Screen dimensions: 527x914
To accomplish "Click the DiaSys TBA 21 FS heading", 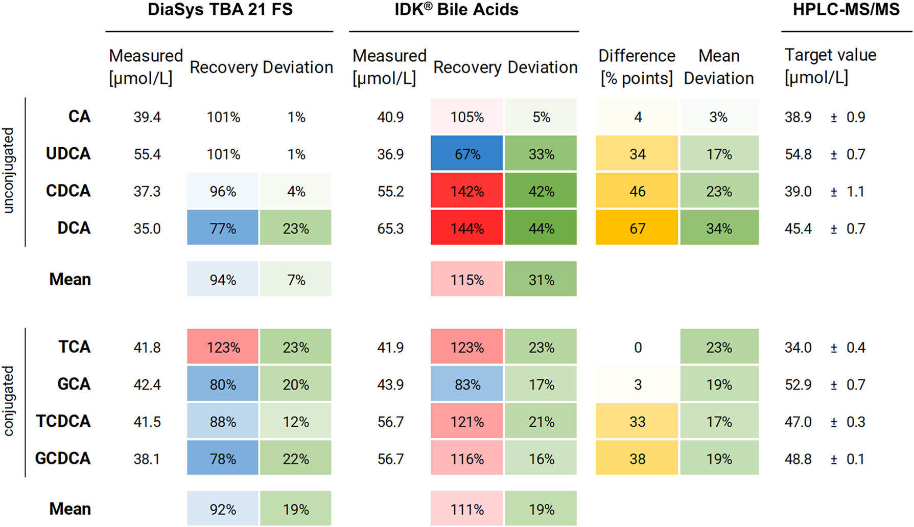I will pyautogui.click(x=220, y=10).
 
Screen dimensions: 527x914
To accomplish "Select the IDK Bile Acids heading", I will pyautogui.click(x=456, y=10).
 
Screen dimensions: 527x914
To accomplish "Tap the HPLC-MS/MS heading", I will pyautogui.click(x=846, y=10).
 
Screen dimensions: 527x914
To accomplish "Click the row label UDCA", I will pyautogui.click(x=68, y=154).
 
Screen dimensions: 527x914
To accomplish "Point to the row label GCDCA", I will pyautogui.click(x=62, y=459).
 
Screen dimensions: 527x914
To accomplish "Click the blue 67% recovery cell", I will pyautogui.click(x=466, y=153).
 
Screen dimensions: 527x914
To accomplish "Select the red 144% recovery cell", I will pyautogui.click(x=466, y=228).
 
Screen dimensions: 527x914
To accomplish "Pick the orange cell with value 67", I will pyautogui.click(x=637, y=228).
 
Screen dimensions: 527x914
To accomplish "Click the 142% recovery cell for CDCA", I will pyautogui.click(x=466, y=191).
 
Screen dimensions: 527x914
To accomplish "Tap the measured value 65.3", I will pyautogui.click(x=390, y=228).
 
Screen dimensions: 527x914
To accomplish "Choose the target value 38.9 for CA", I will pyautogui.click(x=798, y=117).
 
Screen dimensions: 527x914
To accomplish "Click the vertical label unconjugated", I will pyautogui.click(x=9, y=170).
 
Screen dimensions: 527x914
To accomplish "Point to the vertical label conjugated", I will pyautogui.click(x=9, y=401).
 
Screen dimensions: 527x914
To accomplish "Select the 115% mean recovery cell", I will pyautogui.click(x=466, y=280).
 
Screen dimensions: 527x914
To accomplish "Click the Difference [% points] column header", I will pyautogui.click(x=637, y=67).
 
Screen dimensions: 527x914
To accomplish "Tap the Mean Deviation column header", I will pyautogui.click(x=718, y=67).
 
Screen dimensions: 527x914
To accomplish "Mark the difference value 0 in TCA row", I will pyautogui.click(x=638, y=348).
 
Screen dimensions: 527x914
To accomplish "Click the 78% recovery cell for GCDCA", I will pyautogui.click(x=223, y=459).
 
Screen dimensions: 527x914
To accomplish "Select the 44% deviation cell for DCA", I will pyautogui.click(x=541, y=228).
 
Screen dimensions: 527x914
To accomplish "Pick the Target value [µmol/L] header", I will pyautogui.click(x=830, y=66).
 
